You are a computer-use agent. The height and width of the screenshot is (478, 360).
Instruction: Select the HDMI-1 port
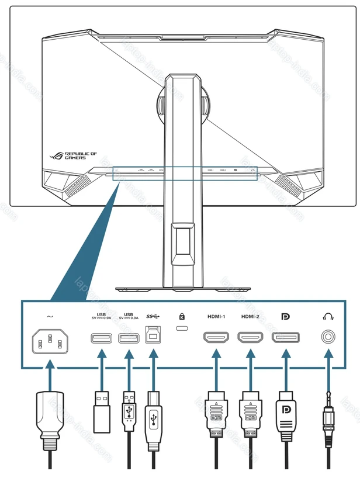coord(217,338)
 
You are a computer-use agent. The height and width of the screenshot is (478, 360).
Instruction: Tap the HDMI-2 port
coord(250,338)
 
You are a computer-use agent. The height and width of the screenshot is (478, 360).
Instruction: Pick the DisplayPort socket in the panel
coord(286,338)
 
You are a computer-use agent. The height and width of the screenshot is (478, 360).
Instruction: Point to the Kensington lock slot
coord(182,331)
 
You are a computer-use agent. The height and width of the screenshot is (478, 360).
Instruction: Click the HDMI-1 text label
coord(216,317)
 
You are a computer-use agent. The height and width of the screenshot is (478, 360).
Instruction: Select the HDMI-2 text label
coord(250,317)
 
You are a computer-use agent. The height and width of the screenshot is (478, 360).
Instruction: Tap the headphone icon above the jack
coord(328,317)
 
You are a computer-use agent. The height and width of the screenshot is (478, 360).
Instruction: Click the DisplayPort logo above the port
coord(286,317)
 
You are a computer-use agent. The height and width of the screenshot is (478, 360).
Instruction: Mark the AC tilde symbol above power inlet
coord(50,316)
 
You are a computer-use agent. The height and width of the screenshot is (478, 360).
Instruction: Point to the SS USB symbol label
coord(153,316)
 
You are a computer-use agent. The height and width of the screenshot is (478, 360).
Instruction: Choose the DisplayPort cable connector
coord(286,415)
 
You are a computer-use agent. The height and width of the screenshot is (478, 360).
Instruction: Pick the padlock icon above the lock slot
coord(182,316)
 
